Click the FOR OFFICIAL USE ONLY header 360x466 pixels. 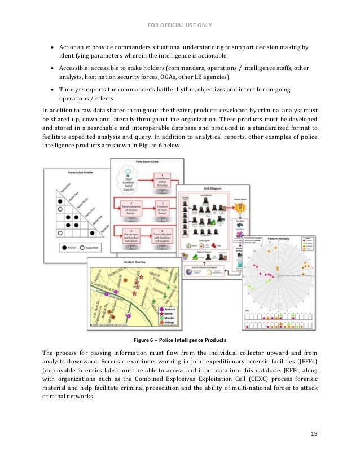pos(180,24)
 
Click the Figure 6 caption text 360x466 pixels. pos(179,340)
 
